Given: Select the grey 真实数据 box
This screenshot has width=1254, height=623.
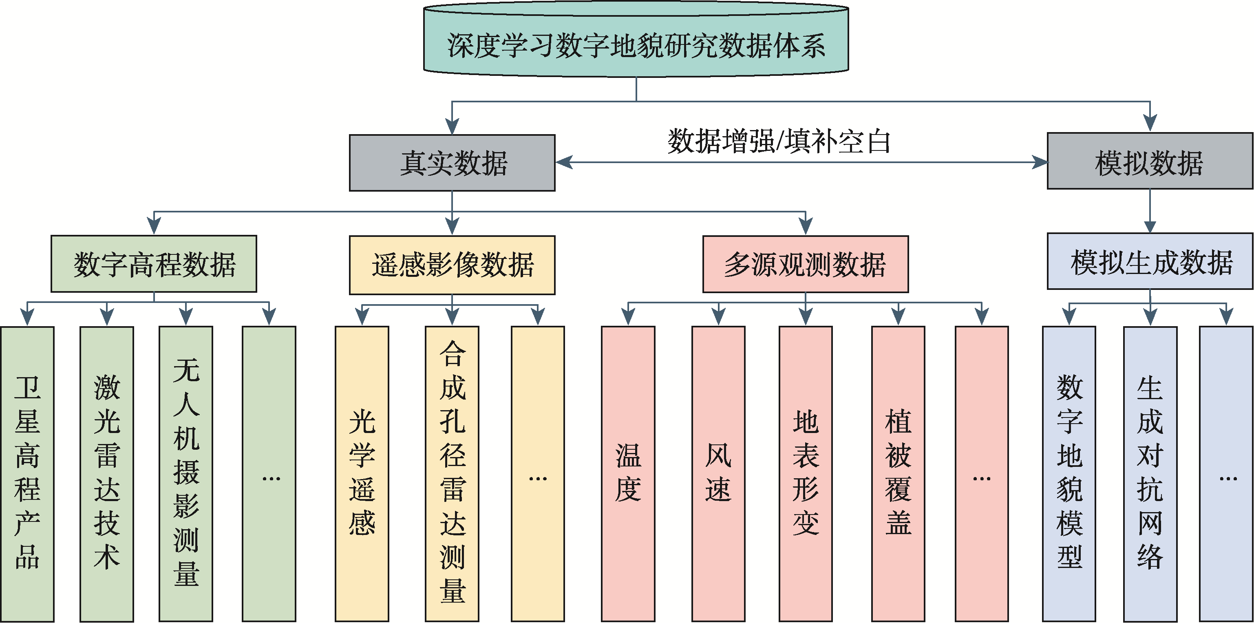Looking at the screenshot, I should pyautogui.click(x=452, y=163).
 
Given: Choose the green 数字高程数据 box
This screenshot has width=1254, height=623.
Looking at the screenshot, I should pyautogui.click(x=154, y=264).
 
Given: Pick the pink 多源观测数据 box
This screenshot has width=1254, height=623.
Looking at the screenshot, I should pyautogui.click(x=805, y=264).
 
